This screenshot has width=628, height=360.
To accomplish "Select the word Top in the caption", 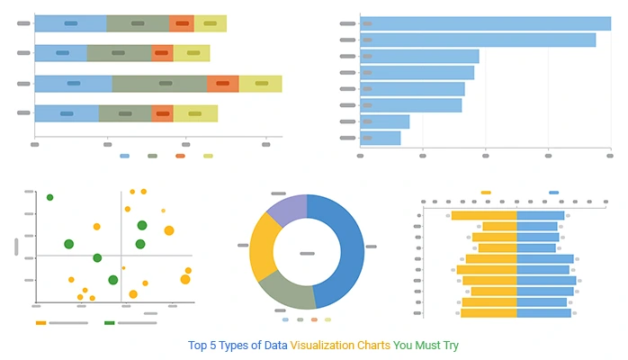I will (198, 346).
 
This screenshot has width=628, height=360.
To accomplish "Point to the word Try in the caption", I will (449, 346).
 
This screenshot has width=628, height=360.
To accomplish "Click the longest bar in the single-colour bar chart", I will (485, 23).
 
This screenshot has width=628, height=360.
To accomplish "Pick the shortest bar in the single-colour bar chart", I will (380, 139).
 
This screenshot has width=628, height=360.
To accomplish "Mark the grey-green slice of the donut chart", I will (285, 291).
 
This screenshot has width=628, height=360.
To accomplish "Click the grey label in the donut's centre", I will (307, 254).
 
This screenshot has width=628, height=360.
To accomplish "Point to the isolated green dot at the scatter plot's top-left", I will (50, 197).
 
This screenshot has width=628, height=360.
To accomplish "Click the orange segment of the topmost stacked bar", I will (182, 23).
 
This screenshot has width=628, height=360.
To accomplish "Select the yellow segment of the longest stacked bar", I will (260, 84).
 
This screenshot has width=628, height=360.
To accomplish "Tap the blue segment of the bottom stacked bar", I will (67, 113).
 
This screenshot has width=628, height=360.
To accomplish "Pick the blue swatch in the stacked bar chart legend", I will (124, 156).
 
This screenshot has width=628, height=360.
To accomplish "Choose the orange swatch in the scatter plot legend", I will (40, 322).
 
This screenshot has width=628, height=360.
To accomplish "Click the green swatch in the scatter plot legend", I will (110, 322).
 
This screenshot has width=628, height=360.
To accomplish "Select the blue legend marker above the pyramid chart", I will (553, 193).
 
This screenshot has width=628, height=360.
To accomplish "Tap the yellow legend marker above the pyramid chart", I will (486, 193).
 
